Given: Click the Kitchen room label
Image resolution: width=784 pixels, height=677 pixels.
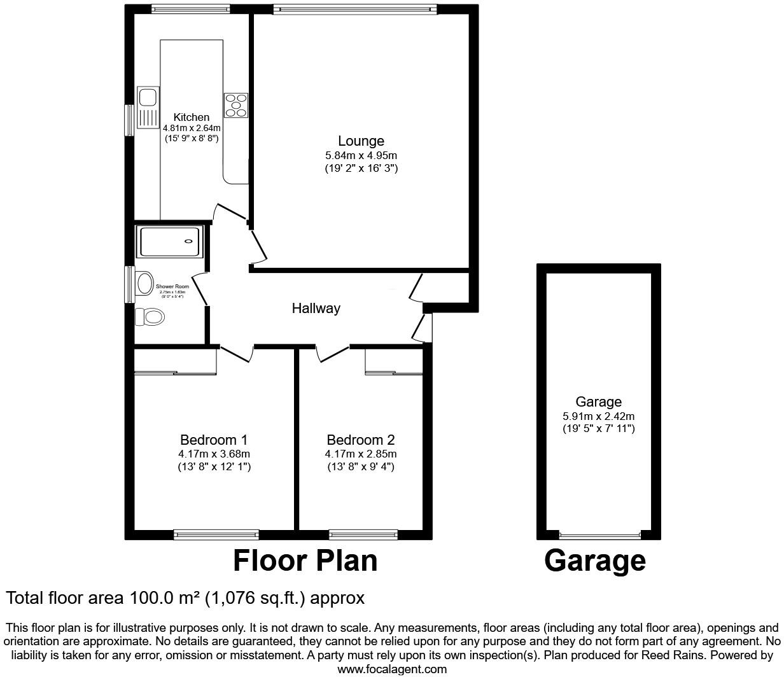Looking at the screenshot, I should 191,117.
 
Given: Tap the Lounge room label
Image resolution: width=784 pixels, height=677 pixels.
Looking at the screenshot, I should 361,141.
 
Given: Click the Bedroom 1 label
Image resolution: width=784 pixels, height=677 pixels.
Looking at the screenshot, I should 214,440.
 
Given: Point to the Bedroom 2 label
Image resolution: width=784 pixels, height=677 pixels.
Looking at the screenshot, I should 361,440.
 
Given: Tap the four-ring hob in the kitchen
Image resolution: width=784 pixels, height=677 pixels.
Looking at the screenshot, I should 235,105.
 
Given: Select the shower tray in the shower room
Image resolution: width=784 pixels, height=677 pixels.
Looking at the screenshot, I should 170,241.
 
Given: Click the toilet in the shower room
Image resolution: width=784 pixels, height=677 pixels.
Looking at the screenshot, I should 150,316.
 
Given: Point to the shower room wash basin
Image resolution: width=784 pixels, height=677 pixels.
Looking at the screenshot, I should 144,283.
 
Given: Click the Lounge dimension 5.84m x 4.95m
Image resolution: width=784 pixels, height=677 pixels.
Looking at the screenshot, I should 361,155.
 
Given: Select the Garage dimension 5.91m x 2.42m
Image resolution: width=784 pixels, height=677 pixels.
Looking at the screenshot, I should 598,417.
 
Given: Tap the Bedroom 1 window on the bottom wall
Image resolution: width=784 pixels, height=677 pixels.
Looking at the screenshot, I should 216,534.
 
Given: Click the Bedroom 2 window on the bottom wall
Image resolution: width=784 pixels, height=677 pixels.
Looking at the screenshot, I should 363,534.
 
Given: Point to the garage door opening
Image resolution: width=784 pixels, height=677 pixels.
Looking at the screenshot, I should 599,535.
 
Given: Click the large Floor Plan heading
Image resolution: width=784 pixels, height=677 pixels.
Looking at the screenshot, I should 305,561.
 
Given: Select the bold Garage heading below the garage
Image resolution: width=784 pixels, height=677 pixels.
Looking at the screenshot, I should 595,561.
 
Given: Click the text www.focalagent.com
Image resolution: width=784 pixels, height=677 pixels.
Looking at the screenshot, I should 391,669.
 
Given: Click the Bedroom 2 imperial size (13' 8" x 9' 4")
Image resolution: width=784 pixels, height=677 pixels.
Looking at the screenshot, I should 361,467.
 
